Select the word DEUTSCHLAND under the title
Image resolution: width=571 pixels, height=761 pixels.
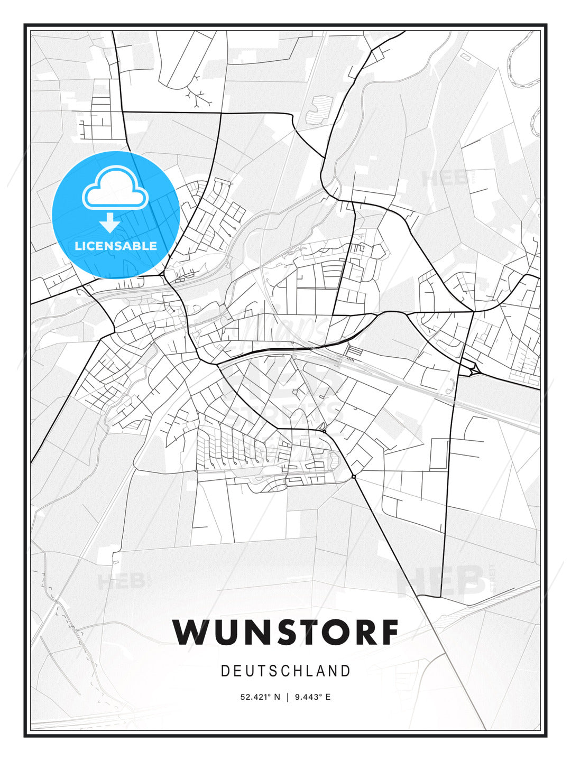[x=285, y=671]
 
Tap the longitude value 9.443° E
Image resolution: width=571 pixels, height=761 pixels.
[x=314, y=697]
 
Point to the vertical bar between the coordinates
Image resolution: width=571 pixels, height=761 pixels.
[x=288, y=697]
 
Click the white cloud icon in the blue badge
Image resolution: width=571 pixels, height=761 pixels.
[x=115, y=190]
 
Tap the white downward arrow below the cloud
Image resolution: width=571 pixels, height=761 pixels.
[x=110, y=223]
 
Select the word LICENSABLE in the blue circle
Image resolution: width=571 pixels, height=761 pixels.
[x=116, y=246]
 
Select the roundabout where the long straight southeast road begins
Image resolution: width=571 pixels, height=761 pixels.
[x=354, y=477]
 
